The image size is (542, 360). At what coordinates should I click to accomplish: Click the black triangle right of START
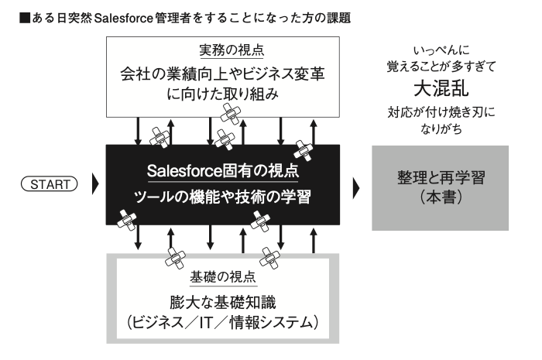pos(94,186)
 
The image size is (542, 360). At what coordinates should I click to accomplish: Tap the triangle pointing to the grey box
pos(356,186)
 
